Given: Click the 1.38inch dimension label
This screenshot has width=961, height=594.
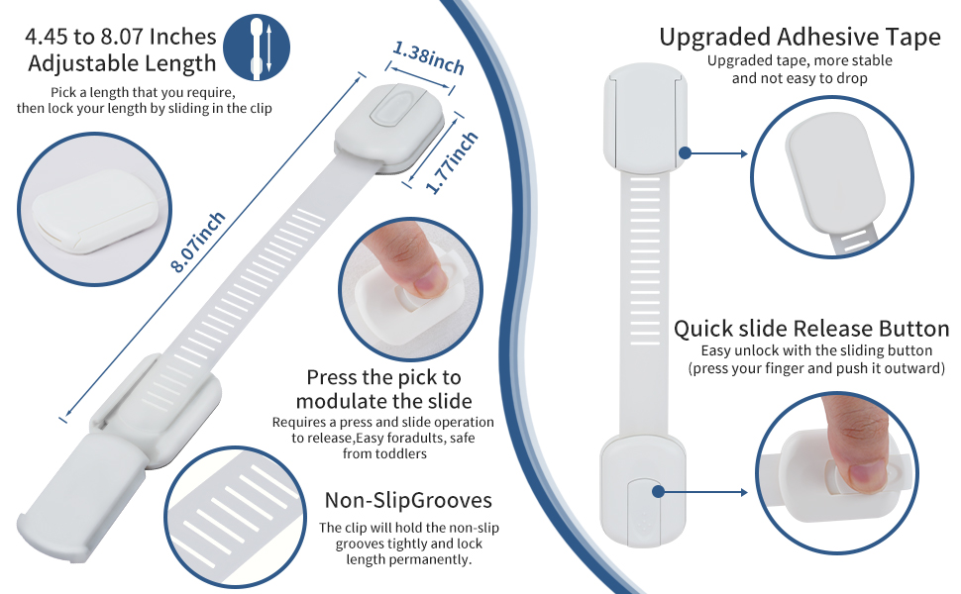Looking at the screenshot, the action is tap(428, 57).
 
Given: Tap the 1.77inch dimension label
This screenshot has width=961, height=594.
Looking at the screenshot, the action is tap(452, 162).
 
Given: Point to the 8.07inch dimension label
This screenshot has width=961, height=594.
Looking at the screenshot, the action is tap(197, 242).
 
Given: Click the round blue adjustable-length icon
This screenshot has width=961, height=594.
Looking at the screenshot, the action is tap(257, 48).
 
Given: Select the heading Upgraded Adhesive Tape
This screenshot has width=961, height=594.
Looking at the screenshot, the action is tap(800, 38).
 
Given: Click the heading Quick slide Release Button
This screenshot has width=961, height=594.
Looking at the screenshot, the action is tap(811, 329).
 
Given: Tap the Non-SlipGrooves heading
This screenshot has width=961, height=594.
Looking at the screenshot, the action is tap(408, 500).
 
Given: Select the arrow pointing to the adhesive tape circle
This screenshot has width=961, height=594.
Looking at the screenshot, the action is tap(716, 153).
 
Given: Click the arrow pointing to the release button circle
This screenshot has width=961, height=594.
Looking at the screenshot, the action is tap(703, 492).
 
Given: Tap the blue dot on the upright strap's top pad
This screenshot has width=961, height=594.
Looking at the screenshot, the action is tap(686, 153).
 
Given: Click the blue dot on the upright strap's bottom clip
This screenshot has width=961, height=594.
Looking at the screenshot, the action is tap(658, 492).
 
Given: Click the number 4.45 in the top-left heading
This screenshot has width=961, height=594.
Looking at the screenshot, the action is tap(47, 37).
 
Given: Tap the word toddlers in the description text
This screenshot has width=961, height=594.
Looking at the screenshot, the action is tap(401, 453).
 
